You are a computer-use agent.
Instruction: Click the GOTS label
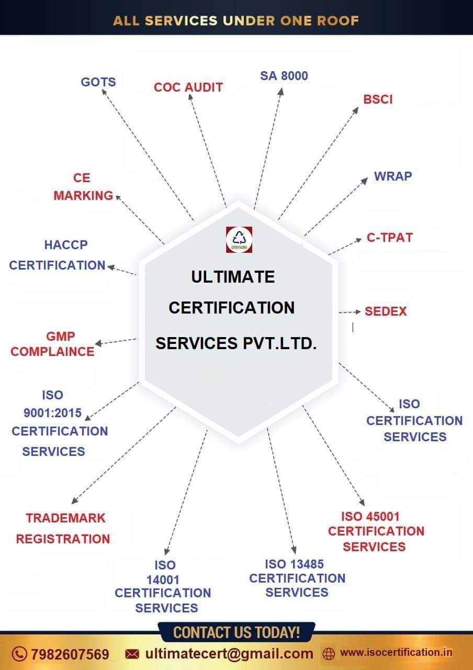coord(98,82)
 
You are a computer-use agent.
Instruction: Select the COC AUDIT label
coord(188,87)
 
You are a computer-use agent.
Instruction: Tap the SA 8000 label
coord(284,76)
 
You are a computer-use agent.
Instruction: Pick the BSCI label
coord(378,99)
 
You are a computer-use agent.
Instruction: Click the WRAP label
coord(393,176)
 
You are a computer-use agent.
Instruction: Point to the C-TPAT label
coord(390,238)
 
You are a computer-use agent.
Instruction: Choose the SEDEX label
coord(386,311)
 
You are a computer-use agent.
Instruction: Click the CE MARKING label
coord(83,187)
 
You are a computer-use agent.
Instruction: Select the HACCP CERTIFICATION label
coord(58,255)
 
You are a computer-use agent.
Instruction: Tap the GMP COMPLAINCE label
coord(52,344)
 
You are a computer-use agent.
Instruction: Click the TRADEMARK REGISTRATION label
coord(63,528)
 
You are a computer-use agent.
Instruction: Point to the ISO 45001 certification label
coord(376,531)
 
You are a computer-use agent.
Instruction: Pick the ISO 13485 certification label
coord(297,578)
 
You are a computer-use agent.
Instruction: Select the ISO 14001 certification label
coord(163,586)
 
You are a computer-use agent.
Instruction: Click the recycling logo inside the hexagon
coord(239,240)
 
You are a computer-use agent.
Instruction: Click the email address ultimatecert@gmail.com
coord(229,654)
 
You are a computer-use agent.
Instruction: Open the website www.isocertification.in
coord(396,653)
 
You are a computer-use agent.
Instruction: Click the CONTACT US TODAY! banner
coord(236,632)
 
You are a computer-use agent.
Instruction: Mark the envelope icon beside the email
coord(132,654)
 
